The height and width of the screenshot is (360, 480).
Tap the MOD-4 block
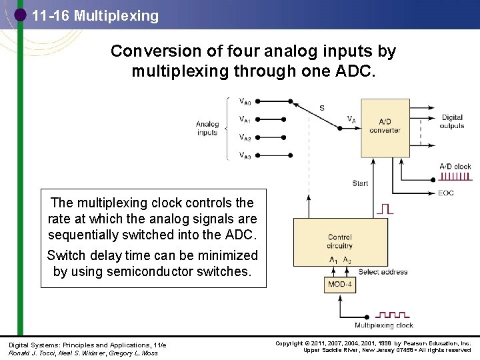coord(340,285)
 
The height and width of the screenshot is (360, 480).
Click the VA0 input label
coord(245,102)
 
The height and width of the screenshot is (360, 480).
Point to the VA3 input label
coord(245,155)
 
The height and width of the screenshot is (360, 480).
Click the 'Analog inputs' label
coord(207,128)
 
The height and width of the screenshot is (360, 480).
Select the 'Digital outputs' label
coord(453,121)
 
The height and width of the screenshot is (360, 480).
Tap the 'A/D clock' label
coord(455,167)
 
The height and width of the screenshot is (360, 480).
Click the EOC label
coord(447,193)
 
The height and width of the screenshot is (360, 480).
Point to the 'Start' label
coord(360,183)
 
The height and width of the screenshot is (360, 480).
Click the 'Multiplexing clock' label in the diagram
coord(384,326)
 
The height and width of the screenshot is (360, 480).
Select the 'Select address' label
coord(383,272)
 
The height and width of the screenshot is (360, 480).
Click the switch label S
coord(322,108)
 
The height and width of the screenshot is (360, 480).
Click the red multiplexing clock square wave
coord(392,314)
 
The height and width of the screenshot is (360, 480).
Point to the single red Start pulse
coord(385,209)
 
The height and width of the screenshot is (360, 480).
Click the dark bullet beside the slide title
coord(20,15)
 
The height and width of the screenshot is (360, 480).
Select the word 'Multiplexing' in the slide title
coord(117,15)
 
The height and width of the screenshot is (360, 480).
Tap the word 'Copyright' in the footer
coord(290,343)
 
